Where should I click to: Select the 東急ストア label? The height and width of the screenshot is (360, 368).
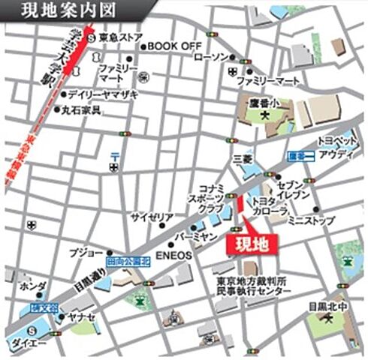tap(119, 37)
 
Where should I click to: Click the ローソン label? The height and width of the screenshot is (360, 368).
tap(210, 57)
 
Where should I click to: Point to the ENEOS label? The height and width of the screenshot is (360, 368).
tap(174, 256)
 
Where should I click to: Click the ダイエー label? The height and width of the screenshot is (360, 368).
tap(28, 343)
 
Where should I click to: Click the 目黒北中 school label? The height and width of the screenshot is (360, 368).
tap(327, 305)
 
